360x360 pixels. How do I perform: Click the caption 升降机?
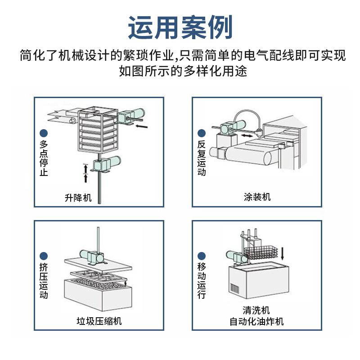[79, 198]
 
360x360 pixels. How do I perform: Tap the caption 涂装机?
[257, 197]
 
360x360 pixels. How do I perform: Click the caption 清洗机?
[257, 310]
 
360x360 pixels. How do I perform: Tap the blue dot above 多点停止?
[44, 133]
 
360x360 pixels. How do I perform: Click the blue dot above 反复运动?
[201, 133]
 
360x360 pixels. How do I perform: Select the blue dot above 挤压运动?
[44, 255]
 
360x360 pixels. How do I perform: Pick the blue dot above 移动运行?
[201, 255]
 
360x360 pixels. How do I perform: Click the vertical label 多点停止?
[44, 158]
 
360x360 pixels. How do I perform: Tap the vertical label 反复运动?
[201, 158]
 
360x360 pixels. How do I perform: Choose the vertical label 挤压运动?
[44, 281]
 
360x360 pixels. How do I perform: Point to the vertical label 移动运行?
[201, 281]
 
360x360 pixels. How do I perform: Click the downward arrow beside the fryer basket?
[283, 252]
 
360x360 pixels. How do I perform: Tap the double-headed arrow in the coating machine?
[245, 135]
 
